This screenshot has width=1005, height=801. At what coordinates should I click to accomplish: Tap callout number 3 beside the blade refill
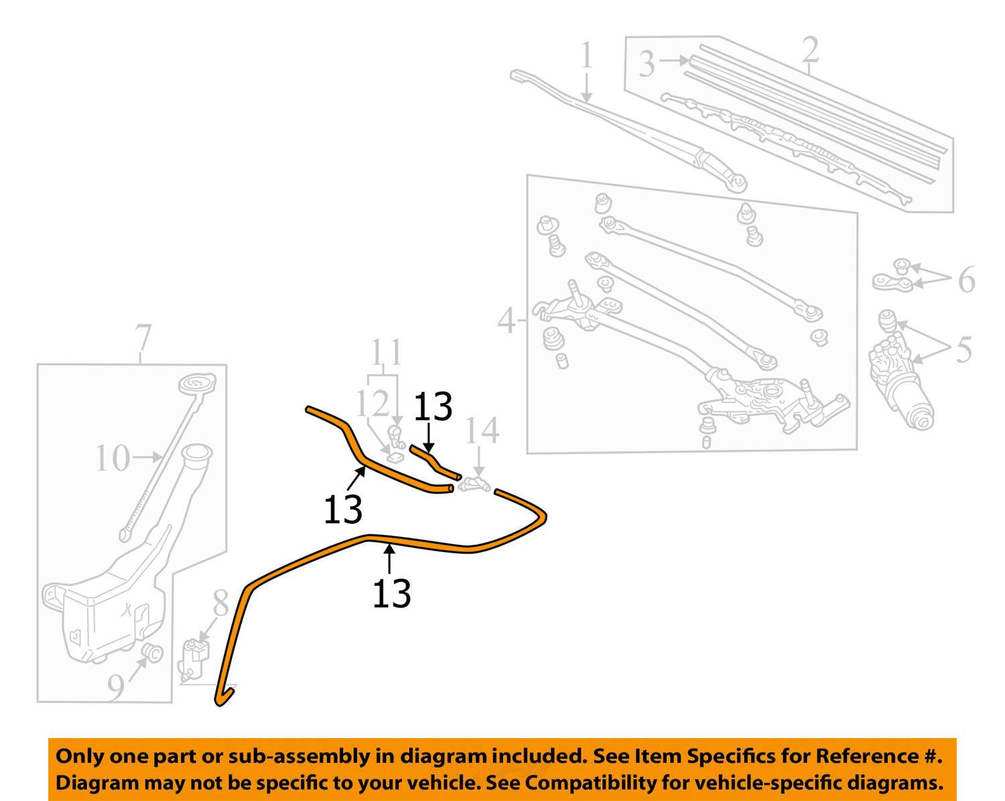646,64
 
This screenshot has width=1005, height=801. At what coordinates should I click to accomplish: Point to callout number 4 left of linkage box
507,321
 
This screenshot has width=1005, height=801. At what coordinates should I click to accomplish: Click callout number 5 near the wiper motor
963,350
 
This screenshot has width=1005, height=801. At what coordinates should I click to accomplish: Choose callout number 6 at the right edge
965,279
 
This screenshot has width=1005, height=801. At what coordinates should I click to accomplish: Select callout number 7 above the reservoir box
143,340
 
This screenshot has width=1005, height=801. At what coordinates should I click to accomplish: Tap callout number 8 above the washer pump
221,603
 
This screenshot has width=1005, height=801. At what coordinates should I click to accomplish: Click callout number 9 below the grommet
117,688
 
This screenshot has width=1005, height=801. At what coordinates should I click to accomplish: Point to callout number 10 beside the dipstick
112,459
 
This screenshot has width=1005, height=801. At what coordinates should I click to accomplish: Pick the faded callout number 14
482,431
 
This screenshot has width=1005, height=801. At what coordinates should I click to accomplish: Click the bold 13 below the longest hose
391,593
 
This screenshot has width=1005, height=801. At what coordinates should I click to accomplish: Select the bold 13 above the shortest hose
433,407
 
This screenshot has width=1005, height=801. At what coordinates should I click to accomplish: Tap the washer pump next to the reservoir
195,656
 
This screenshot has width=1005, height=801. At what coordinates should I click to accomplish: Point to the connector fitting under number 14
475,484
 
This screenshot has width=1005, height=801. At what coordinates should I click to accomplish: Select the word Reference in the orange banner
867,756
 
